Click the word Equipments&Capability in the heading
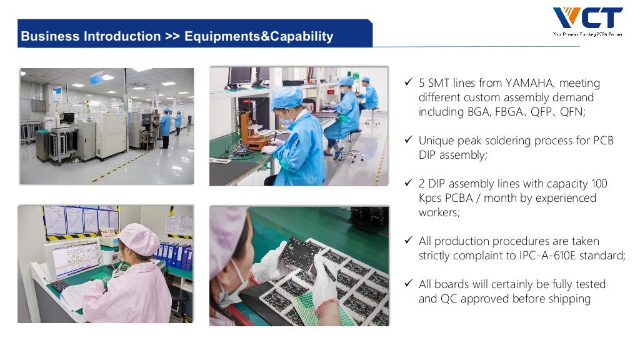[x=259, y=36]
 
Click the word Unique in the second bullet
[x=436, y=141]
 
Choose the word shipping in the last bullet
[x=569, y=299]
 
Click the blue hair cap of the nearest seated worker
[x=287, y=97]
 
